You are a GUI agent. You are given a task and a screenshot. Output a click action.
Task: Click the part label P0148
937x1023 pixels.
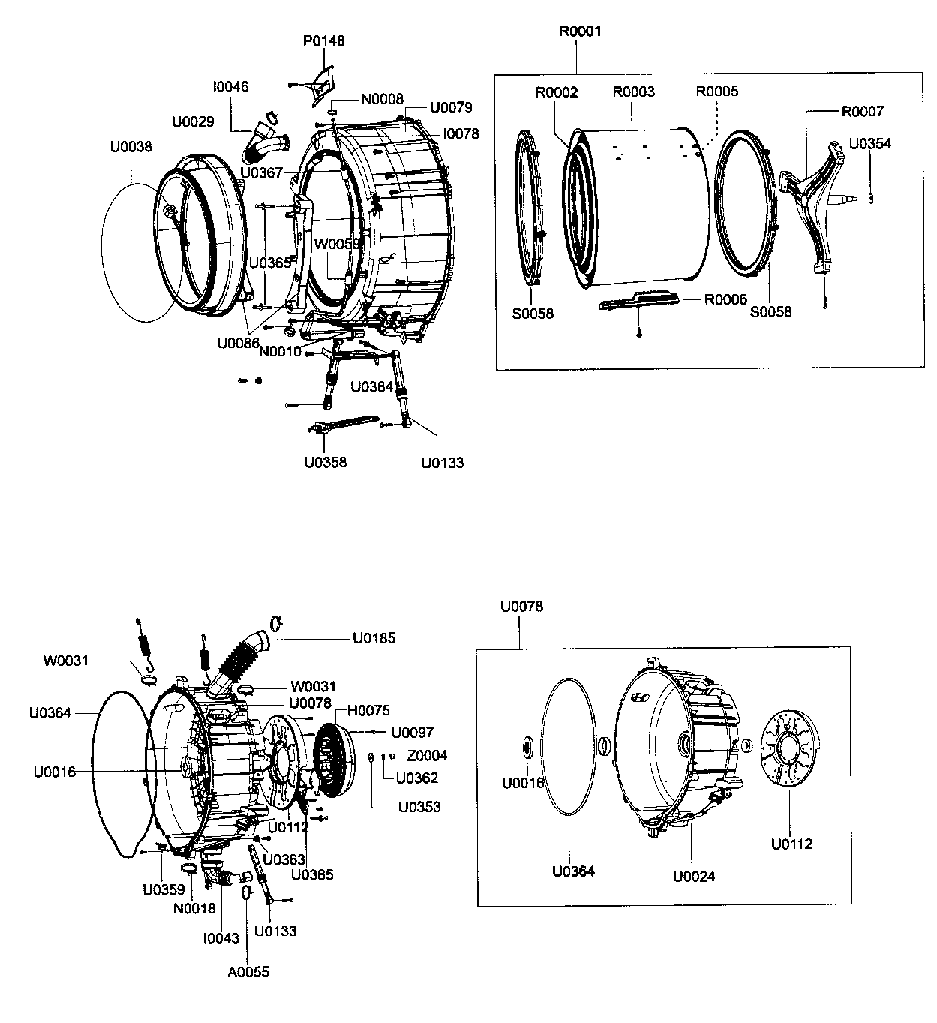(323, 40)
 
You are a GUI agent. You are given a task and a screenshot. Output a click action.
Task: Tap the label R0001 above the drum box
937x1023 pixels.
(580, 31)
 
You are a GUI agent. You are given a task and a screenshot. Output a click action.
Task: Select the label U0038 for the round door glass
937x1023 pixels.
(131, 146)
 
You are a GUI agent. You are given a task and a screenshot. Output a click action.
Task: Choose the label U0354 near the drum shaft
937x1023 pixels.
(870, 144)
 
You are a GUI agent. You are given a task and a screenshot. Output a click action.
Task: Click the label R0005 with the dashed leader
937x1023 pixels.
(716, 91)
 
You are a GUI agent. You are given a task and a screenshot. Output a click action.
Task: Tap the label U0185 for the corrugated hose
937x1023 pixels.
(374, 638)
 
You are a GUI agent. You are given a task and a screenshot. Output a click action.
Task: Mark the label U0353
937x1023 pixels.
(419, 807)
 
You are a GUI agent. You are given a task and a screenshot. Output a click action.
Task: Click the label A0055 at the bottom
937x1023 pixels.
(248, 972)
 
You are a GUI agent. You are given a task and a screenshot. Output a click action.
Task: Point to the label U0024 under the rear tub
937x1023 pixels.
(694, 875)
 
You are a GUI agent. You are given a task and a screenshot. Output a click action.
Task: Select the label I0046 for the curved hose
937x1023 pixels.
(230, 87)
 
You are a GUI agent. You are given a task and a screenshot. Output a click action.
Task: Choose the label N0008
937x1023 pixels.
(382, 99)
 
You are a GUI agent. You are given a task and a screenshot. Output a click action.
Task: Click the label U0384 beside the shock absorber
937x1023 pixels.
(372, 387)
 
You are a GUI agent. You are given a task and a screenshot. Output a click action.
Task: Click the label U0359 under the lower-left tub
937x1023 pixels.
(164, 890)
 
